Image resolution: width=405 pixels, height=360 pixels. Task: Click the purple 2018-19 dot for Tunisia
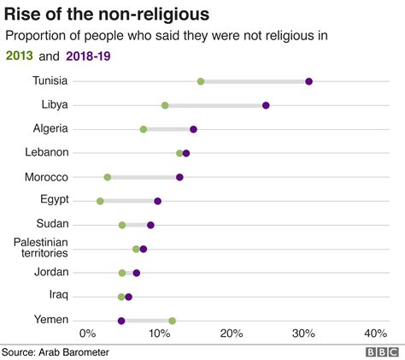[308, 81]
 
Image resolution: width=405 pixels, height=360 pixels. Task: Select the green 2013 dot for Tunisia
[201, 81]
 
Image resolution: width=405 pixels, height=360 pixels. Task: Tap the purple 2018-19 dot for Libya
[266, 105]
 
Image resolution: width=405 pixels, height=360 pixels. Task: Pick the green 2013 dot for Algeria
[144, 129]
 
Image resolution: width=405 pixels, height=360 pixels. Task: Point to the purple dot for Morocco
[179, 177]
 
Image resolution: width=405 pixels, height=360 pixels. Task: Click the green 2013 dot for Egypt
[100, 201]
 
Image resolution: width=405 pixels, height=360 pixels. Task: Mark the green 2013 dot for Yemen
[172, 321]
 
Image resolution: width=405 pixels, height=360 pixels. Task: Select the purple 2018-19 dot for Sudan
[150, 225]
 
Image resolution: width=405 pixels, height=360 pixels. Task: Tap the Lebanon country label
[48, 152]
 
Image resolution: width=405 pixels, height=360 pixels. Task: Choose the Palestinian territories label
[41, 248]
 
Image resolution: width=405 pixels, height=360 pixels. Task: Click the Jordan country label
[52, 272]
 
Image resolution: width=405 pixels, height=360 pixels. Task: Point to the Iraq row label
[58, 296]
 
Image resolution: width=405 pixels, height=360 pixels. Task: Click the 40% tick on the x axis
[375, 333]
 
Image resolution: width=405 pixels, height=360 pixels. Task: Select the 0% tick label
[87, 333]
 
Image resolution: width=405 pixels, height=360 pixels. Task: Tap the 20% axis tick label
[231, 333]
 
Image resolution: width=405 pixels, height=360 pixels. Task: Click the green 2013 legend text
[20, 56]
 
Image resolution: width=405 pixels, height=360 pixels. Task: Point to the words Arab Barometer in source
[76, 351]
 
